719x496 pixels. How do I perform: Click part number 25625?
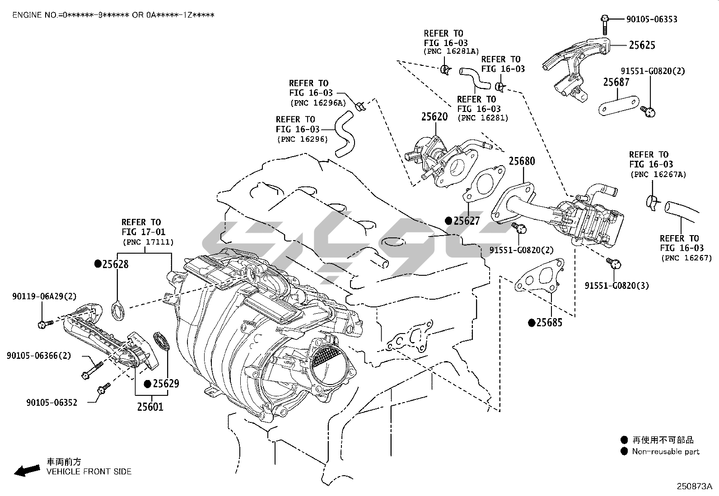642,45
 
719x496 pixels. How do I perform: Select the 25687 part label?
616,82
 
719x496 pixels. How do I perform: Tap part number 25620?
434,117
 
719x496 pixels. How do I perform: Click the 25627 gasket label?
466,221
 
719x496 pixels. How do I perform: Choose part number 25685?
549,323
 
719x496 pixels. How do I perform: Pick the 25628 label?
115,264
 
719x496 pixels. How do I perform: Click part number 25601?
150,407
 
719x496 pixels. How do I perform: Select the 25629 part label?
165,384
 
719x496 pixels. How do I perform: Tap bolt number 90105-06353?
651,19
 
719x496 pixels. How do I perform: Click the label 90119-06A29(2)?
44,297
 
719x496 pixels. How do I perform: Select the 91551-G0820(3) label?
616,286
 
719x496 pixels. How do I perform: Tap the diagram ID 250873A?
694,487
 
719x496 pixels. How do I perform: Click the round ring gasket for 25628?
119,311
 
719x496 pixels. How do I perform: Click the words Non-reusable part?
665,452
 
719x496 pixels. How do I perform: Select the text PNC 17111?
148,242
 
